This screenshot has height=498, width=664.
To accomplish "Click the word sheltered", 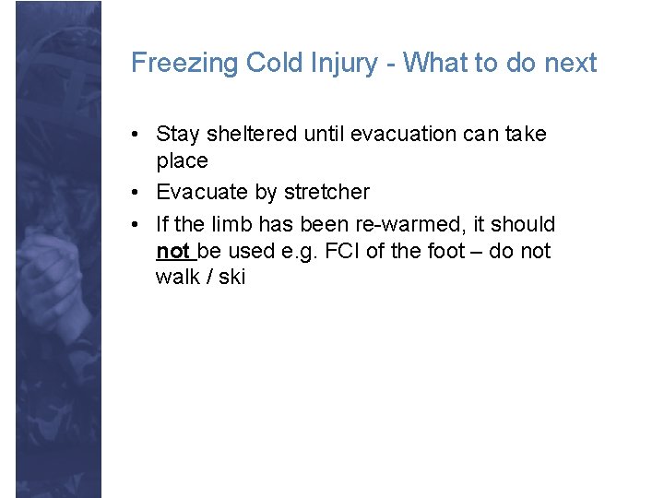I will (x=248, y=135).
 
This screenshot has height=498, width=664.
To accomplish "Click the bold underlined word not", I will (x=172, y=251).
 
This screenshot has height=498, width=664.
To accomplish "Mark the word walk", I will (x=177, y=278).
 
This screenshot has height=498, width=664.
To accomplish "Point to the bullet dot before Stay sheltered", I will (x=136, y=135).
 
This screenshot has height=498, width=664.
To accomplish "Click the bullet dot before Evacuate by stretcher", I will (x=136, y=193).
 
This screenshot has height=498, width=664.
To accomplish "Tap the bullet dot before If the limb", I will (x=136, y=224).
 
